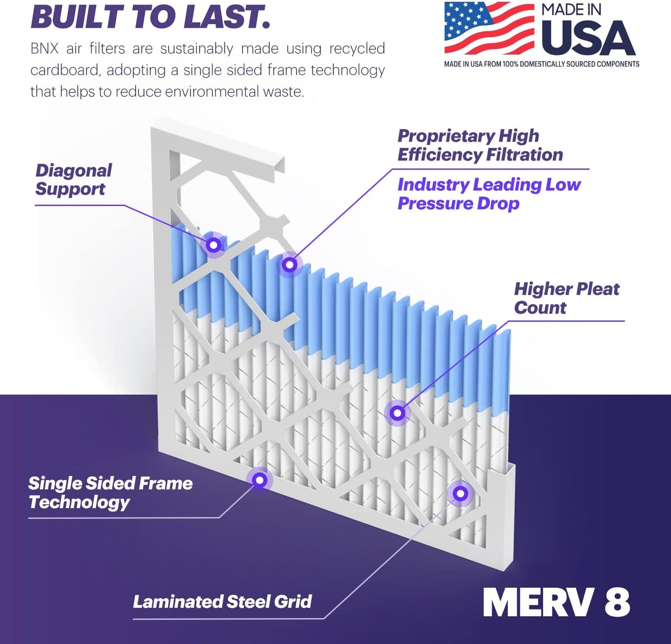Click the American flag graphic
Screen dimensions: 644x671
click(x=489, y=28)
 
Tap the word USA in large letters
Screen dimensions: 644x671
click(x=588, y=39)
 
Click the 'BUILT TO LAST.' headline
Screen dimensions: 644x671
click(x=150, y=17)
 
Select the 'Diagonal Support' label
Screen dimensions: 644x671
click(x=73, y=180)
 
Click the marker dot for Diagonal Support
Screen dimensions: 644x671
click(x=214, y=245)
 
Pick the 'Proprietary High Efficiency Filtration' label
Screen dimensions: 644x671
click(x=480, y=145)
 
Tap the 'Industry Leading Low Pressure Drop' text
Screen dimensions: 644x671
click(x=489, y=194)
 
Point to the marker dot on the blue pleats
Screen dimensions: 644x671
click(x=290, y=264)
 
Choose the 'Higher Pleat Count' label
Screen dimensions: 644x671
click(x=566, y=298)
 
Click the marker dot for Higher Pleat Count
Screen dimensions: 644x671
click(x=397, y=412)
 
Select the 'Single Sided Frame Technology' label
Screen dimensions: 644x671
click(x=110, y=492)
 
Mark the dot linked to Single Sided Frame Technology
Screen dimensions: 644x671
click(x=260, y=480)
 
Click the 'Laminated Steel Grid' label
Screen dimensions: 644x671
click(x=222, y=601)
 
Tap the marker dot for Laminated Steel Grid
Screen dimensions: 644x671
click(x=460, y=493)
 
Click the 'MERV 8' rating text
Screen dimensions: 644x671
click(x=556, y=602)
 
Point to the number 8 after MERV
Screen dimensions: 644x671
click(x=617, y=602)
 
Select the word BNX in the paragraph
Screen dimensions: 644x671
click(x=44, y=48)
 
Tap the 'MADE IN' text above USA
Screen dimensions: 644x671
click(x=571, y=10)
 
